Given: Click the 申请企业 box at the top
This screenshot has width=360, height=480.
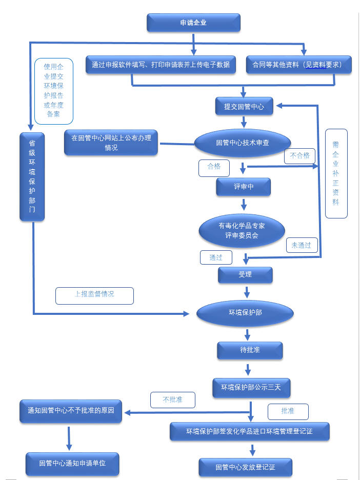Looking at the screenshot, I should click(x=193, y=23).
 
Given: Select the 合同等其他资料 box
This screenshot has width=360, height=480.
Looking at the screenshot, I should click(x=298, y=65).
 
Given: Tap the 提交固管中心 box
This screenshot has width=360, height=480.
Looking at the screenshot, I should click(x=244, y=107).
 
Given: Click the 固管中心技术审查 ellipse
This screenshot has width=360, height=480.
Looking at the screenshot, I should click(x=243, y=143).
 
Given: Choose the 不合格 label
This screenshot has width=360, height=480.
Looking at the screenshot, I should click(x=299, y=156).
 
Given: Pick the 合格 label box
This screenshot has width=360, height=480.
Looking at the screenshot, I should click(x=214, y=167).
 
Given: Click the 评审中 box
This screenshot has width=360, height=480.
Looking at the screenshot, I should click(x=243, y=187).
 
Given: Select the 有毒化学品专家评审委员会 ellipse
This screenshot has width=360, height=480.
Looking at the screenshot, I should click(x=242, y=231).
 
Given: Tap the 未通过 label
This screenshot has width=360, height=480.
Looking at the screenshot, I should click(x=302, y=245).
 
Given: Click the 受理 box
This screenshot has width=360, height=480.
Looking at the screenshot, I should click(x=245, y=275).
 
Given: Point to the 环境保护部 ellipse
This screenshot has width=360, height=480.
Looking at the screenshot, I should click(x=245, y=313).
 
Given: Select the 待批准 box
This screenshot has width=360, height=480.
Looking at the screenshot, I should click(x=250, y=350).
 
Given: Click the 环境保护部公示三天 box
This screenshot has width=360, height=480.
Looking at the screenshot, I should click(x=251, y=388).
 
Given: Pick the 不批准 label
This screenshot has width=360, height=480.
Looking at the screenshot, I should click(x=173, y=400).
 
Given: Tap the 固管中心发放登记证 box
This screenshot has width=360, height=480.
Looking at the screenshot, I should click(x=245, y=467).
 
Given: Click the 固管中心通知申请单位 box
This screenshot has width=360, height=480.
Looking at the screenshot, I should click(x=72, y=464).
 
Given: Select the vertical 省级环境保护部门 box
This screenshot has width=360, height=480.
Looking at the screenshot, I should click(x=32, y=177).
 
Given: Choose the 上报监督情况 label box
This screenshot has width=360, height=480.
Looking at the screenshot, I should click(x=94, y=295).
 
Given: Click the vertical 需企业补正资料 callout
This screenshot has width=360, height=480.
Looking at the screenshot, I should click(x=336, y=173).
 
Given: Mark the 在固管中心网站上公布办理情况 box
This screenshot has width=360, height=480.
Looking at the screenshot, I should click(x=111, y=143).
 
